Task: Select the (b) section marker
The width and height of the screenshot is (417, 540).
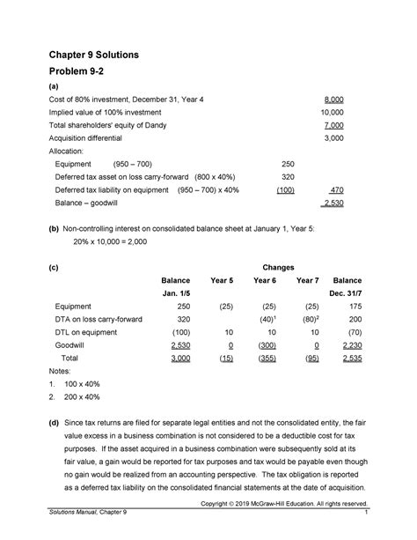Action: point(54,226)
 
